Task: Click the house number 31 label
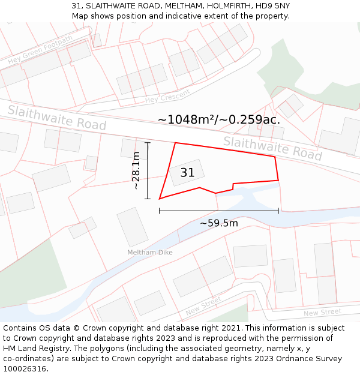187,173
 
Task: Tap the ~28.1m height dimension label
136,171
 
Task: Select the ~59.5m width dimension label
218,223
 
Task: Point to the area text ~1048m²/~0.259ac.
218,119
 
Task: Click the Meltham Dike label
149,253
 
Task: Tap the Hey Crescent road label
167,96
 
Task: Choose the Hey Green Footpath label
40,50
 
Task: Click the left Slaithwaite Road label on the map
57,118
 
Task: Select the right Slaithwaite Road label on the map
272,148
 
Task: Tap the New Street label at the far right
322,313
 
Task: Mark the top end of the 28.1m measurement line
148,143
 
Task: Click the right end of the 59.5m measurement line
278,211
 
